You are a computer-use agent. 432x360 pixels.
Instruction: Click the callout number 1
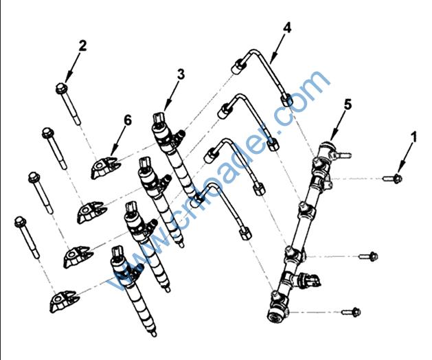(x=413, y=137)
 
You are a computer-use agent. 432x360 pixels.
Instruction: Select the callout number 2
(x=82, y=47)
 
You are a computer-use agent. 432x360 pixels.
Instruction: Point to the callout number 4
(x=287, y=28)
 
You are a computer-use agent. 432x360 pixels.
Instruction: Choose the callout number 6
(x=126, y=120)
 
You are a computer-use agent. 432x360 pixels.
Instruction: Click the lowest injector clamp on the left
(x=65, y=301)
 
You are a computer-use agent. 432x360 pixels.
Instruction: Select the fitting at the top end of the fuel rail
(x=328, y=150)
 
